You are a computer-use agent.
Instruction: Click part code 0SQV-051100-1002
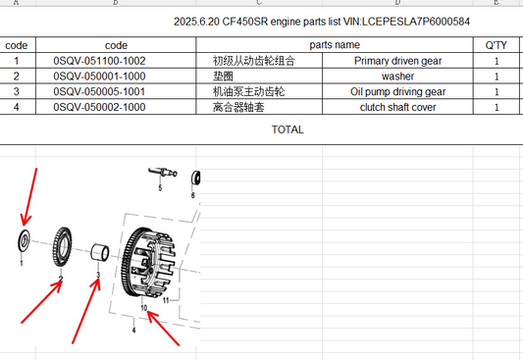click(x=99, y=61)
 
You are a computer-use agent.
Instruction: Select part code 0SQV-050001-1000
click(x=99, y=77)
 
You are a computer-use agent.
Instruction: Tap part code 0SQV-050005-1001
click(x=99, y=91)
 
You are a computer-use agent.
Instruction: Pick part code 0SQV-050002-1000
click(x=99, y=107)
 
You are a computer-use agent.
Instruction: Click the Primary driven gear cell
click(x=398, y=61)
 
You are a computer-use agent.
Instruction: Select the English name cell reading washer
click(x=398, y=77)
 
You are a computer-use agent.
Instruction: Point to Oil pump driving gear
click(x=398, y=91)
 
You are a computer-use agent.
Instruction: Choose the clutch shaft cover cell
click(x=398, y=107)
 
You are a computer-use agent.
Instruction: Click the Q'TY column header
click(x=496, y=45)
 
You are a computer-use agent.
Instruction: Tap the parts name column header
click(x=335, y=45)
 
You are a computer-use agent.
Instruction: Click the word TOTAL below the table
click(x=288, y=129)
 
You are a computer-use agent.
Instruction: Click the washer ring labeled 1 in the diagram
click(x=21, y=240)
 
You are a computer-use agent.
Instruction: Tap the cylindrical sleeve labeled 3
click(x=100, y=252)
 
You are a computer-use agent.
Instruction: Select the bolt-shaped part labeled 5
click(x=163, y=173)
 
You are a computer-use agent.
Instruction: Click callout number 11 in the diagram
click(x=166, y=300)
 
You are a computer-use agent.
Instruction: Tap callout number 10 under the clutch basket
click(x=144, y=308)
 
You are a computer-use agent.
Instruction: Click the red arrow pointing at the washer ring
click(x=29, y=196)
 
